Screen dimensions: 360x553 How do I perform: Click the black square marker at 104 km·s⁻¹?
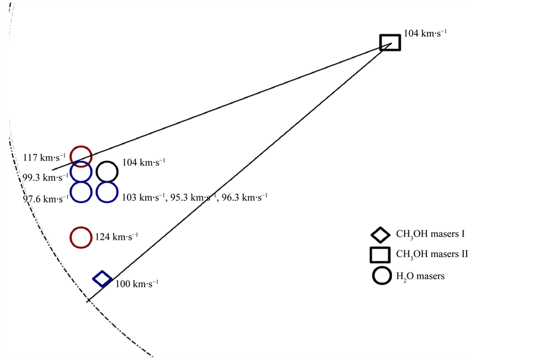(x=390, y=42)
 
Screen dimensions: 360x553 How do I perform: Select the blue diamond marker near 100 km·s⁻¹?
(x=102, y=279)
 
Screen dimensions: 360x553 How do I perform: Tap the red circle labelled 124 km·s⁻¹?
(x=81, y=238)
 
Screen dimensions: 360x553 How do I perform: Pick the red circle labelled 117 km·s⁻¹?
(x=81, y=156)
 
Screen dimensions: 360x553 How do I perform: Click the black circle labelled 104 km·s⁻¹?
(x=107, y=171)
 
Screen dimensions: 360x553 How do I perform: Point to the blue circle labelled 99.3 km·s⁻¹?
(x=81, y=171)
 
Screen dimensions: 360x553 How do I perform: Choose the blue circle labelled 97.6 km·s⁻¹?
(x=81, y=192)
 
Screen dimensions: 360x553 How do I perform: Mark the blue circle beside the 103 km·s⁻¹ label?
(x=107, y=192)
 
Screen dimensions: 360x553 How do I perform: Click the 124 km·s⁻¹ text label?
(x=116, y=236)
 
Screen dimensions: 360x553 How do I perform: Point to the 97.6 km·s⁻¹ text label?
(x=45, y=199)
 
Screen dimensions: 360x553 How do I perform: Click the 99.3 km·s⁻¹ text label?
(x=45, y=178)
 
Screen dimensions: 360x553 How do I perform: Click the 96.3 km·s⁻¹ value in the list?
(x=244, y=198)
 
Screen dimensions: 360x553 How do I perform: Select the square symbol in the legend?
(x=380, y=254)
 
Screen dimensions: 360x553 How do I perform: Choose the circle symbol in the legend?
(x=382, y=276)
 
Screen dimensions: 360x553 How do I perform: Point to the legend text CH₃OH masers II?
(x=432, y=254)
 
